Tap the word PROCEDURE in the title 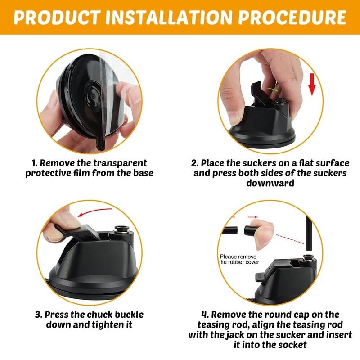[292, 17]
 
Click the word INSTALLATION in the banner [169, 17]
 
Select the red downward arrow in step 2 [311, 84]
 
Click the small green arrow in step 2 [271, 89]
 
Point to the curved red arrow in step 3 [94, 212]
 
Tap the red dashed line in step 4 [290, 239]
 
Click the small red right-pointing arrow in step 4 [252, 217]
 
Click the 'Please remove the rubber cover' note [239, 259]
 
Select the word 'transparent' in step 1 [120, 163]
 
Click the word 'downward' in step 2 [270, 183]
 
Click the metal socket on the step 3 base [121, 230]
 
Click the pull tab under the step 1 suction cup [100, 144]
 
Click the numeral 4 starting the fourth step [204, 315]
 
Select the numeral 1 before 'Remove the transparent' [34, 163]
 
